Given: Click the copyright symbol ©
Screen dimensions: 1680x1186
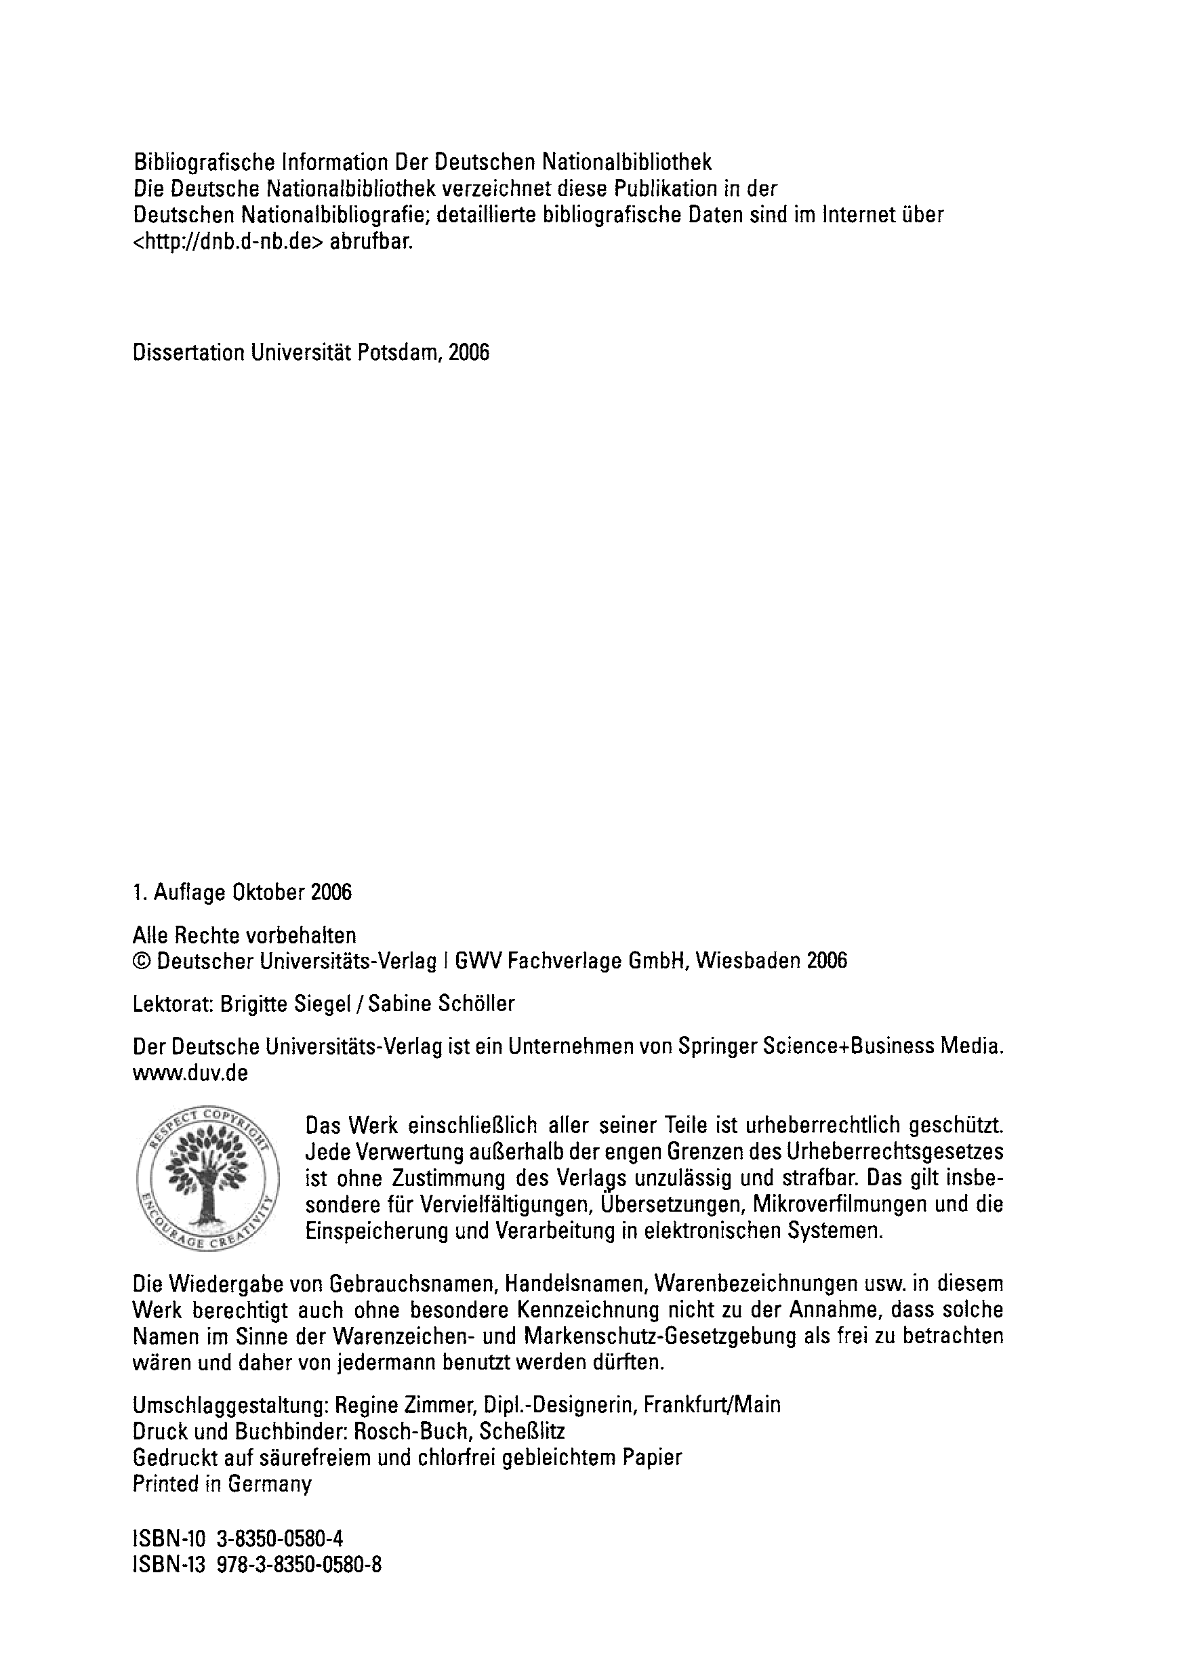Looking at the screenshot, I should point(141,961).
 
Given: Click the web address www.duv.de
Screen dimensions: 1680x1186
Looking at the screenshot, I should point(190,1073).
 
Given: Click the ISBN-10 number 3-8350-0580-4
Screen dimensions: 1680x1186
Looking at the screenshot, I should point(280,1539).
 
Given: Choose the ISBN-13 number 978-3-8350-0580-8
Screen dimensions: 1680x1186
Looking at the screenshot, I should point(298,1565).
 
